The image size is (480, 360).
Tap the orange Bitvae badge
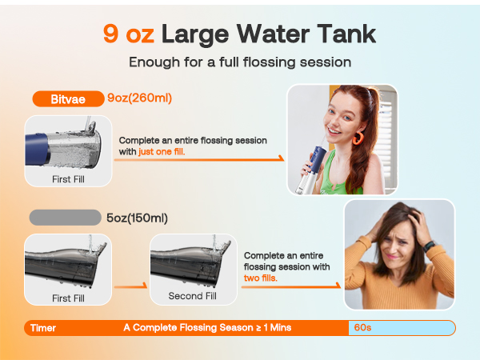(66, 99)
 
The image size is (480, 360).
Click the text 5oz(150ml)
(137, 218)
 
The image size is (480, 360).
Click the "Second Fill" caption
(192, 296)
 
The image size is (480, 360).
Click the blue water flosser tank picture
(67, 144)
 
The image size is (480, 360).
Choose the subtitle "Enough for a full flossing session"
(239, 63)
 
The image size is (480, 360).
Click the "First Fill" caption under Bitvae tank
(67, 179)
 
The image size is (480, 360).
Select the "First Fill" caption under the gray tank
(67, 298)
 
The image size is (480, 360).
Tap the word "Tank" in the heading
(342, 34)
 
